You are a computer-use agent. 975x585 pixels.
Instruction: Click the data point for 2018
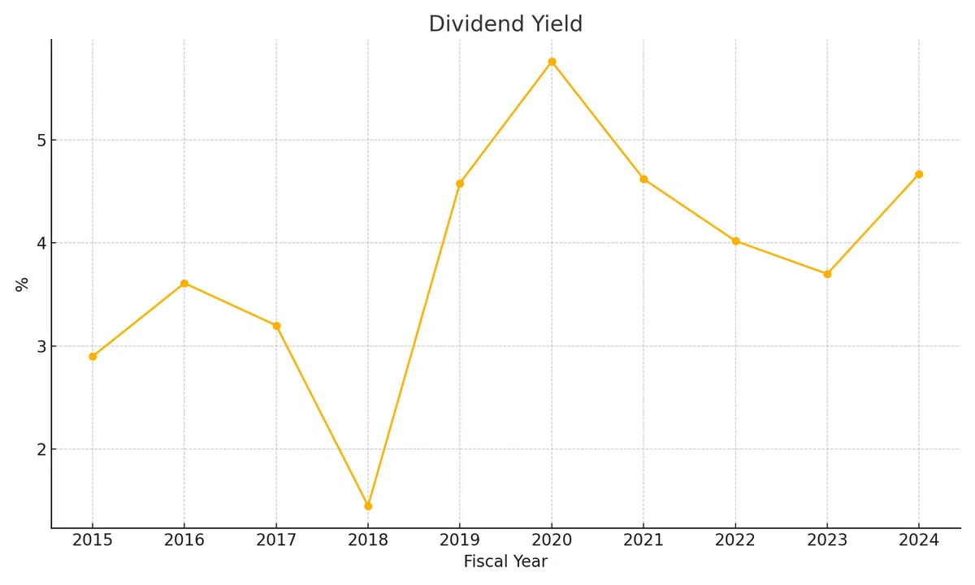368,506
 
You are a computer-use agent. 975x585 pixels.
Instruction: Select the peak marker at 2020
552,62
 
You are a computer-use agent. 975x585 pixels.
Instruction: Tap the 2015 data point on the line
93,357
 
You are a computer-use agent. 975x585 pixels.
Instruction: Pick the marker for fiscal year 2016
184,284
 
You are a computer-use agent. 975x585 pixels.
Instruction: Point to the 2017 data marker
276,326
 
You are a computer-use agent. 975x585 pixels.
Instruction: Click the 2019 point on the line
460,184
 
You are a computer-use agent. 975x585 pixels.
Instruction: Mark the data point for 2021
643,179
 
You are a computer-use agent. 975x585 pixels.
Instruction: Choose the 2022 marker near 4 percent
735,241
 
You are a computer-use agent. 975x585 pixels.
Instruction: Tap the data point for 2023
827,275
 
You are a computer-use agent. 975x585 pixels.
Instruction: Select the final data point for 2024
919,174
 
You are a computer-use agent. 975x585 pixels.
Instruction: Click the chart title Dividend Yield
505,24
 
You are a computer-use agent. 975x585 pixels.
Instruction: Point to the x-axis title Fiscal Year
505,561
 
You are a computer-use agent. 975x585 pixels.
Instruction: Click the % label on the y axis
22,284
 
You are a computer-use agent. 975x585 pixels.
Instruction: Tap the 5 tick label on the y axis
41,141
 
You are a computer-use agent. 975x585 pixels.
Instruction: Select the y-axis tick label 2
41,449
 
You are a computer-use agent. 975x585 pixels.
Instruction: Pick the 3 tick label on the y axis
41,347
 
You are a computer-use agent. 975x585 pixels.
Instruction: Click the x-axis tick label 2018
368,540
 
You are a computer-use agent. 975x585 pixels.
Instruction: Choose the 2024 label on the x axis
919,540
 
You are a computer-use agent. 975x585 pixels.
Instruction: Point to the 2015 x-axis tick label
93,540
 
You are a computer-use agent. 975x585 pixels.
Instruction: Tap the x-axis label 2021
643,540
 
